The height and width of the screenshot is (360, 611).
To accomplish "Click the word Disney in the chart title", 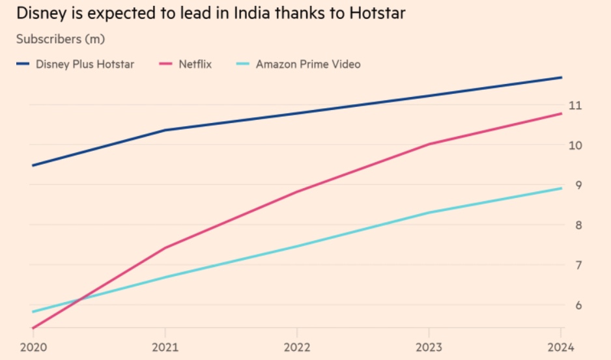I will [x=38, y=14].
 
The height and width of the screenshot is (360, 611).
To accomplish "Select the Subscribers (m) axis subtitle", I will [x=60, y=39].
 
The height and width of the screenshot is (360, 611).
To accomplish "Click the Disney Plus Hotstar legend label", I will [x=85, y=64].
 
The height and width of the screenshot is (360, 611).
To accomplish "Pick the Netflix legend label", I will [x=195, y=64].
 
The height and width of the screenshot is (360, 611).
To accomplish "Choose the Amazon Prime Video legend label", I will [x=308, y=64].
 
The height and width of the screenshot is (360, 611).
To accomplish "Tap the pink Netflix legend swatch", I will [x=166, y=64].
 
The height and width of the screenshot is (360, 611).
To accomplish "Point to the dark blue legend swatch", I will [x=23, y=64].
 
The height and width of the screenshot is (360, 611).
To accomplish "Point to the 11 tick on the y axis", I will [x=575, y=105].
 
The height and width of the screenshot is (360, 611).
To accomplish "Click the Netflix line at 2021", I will [x=165, y=247].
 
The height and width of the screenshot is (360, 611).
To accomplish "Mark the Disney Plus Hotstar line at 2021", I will [x=165, y=130].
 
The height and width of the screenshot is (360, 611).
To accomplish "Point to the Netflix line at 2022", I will [x=297, y=191].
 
